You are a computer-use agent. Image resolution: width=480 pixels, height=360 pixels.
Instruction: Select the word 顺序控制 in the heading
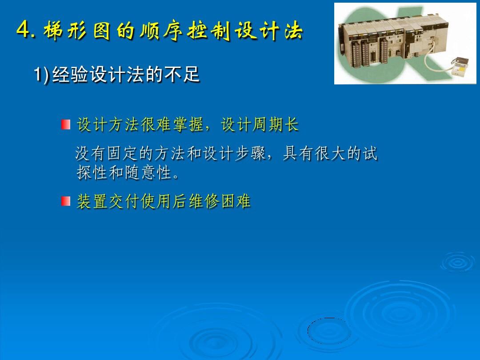[x=185, y=31]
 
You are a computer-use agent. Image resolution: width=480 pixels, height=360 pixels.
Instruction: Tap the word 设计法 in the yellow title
[x=269, y=31]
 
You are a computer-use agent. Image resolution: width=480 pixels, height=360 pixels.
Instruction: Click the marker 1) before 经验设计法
[x=41, y=74]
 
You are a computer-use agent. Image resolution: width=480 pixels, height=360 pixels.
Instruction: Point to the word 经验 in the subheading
[x=71, y=74]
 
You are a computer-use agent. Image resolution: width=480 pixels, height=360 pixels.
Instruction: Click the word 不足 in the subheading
[x=182, y=74]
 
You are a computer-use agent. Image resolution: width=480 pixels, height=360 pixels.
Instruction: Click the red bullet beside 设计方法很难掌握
[x=65, y=124]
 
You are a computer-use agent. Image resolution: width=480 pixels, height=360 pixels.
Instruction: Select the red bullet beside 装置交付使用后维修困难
[x=65, y=201]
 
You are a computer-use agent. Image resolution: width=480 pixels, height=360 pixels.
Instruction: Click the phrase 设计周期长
[x=260, y=124]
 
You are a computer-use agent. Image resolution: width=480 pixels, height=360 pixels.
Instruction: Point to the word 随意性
[x=148, y=172]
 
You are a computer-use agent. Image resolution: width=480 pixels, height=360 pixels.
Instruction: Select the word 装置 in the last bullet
[x=92, y=201]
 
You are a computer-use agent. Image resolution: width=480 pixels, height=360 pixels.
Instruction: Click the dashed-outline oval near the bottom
[x=328, y=331]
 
